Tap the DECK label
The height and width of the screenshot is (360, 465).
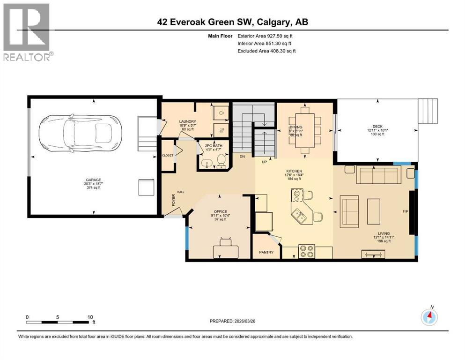point(377,126)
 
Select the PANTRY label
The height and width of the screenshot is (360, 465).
point(266,253)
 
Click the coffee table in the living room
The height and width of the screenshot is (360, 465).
point(374,211)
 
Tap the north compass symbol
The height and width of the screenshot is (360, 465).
point(429,317)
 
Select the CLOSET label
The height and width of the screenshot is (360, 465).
point(167,155)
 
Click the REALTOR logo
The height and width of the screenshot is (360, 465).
point(27,32)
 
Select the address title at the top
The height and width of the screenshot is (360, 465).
point(232,22)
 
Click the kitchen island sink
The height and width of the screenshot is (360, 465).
point(298,216)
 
